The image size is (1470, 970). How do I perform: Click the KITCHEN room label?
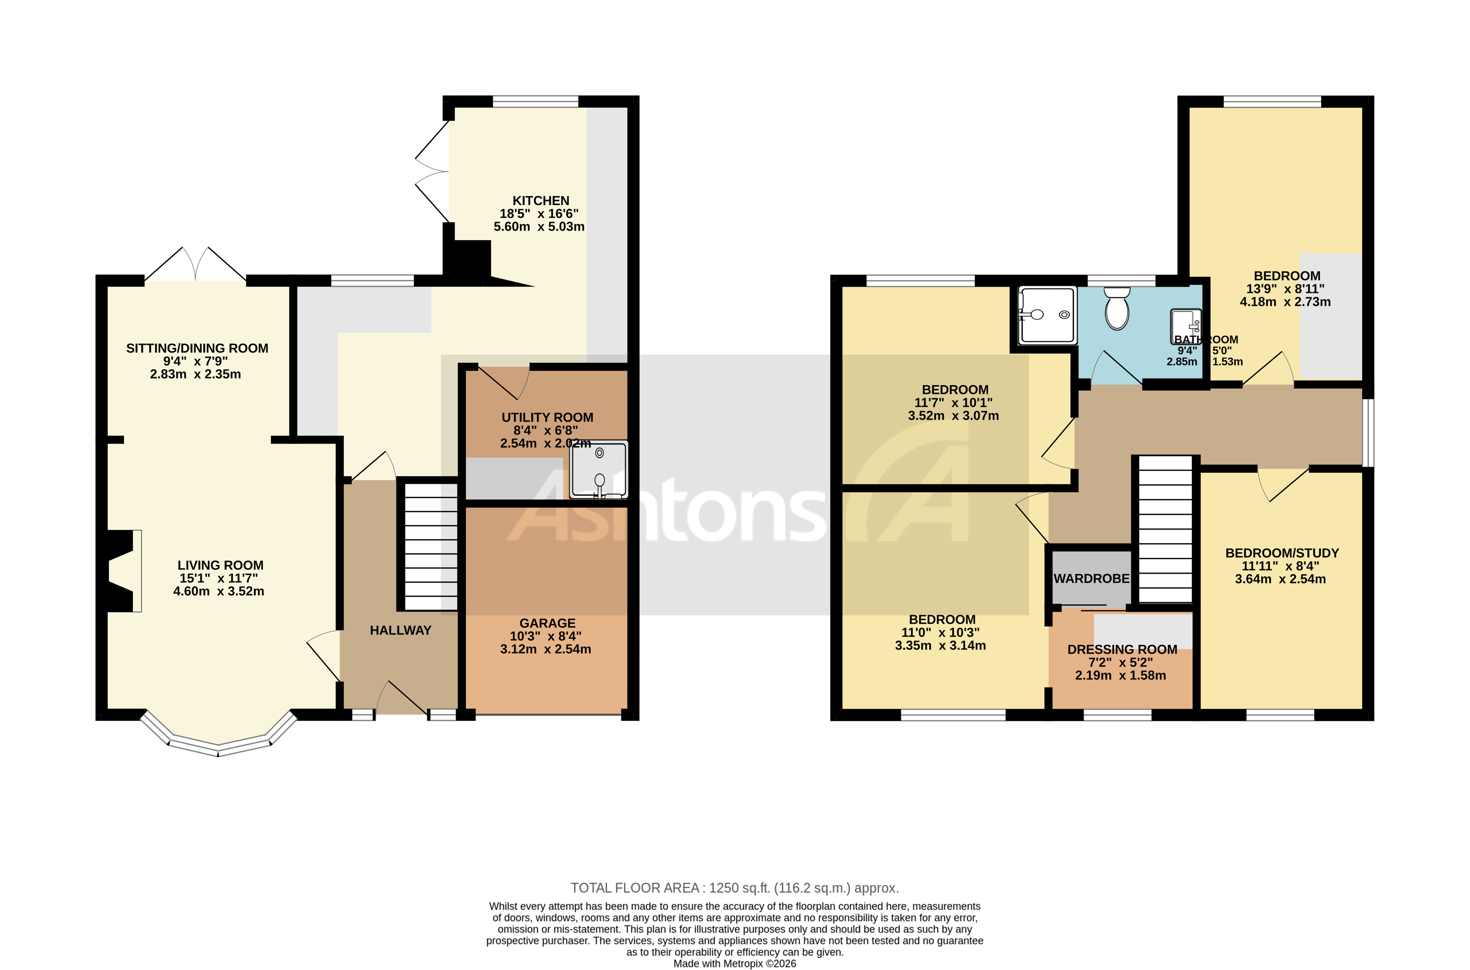(540, 200)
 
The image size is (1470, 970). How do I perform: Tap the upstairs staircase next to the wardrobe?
(1165, 529)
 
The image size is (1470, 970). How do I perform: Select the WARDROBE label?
(1091, 578)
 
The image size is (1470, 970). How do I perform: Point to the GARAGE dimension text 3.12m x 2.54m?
(545, 649)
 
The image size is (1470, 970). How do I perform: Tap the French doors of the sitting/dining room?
(195, 265)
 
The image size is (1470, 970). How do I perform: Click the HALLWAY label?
(400, 630)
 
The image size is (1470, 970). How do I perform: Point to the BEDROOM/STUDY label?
(1281, 552)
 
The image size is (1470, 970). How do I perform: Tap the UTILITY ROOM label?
(547, 417)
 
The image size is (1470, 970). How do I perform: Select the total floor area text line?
(734, 888)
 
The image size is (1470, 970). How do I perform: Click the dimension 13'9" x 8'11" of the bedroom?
(1286, 289)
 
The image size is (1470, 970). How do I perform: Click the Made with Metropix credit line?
(734, 963)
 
